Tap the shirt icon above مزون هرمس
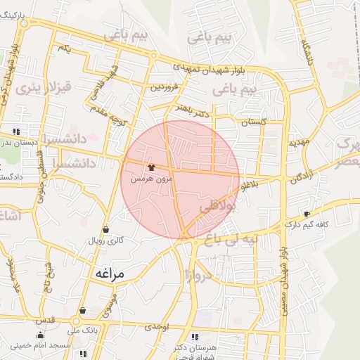(x=150, y=168)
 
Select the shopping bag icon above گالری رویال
(x=105, y=229)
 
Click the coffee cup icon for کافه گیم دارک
(x=306, y=214)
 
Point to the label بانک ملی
(x=83, y=329)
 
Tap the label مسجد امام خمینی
(x=39, y=345)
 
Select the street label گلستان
(x=255, y=122)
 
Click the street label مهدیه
(x=294, y=143)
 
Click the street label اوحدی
(x=157, y=327)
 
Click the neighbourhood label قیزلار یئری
(x=44, y=88)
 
